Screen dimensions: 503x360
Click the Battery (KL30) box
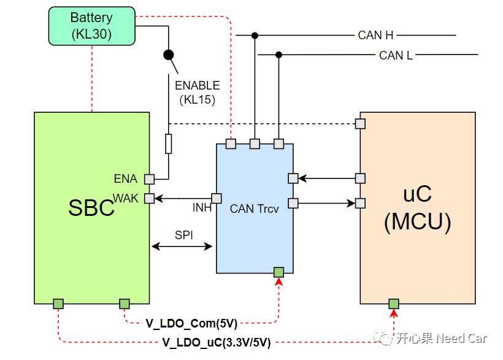tap(92, 26)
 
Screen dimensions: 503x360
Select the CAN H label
tap(375, 36)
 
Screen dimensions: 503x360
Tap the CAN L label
tap(396, 56)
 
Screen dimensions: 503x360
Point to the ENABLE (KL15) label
tap(198, 93)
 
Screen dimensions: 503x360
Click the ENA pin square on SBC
tap(150, 179)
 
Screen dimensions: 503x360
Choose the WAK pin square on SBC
tap(150, 198)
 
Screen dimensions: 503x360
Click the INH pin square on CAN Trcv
tap(217, 198)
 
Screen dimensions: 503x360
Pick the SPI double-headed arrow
tap(182, 247)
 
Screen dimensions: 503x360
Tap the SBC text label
tap(91, 208)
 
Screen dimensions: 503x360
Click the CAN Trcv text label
tap(255, 209)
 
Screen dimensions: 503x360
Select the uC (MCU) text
tap(417, 208)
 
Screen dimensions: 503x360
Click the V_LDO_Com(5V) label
tap(191, 323)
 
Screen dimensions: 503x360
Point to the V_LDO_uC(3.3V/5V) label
tap(217, 343)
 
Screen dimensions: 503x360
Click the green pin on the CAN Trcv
tap(278, 272)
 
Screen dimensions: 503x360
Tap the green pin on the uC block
tap(394, 304)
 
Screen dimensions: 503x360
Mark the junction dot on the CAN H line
tap(255, 36)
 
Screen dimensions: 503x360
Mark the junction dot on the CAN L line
tap(278, 55)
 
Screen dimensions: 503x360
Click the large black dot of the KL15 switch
tap(169, 55)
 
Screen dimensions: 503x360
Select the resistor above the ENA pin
tap(169, 144)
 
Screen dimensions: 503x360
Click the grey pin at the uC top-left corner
tap(360, 123)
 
